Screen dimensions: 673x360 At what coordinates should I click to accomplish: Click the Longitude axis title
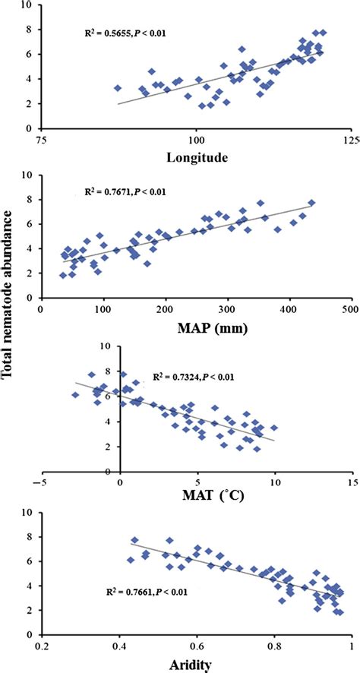pos(195,159)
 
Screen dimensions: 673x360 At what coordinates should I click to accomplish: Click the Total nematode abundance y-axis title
pos(11,335)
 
